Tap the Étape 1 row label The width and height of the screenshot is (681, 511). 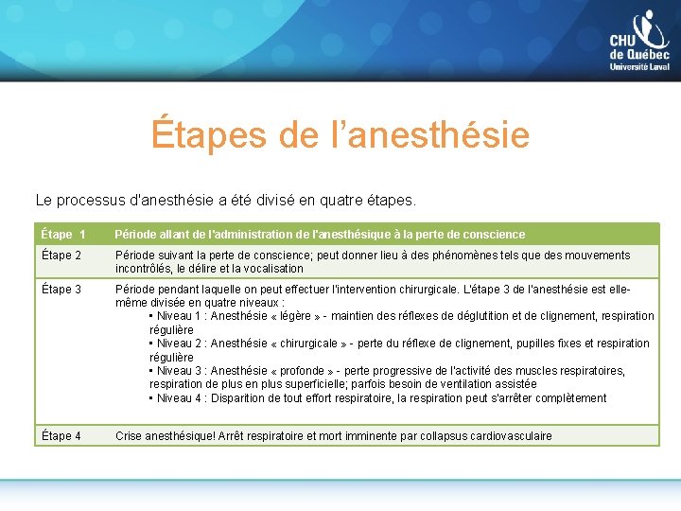[63, 234]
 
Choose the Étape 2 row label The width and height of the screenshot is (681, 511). [61, 255]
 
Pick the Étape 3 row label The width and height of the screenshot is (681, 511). [61, 290]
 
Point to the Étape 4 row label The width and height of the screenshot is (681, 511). [61, 436]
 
